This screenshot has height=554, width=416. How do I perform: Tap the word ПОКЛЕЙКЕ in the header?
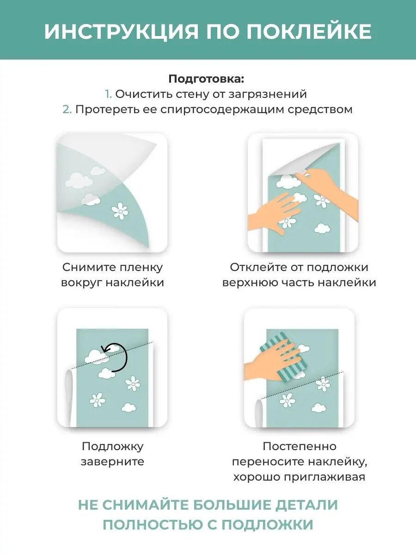click(309, 31)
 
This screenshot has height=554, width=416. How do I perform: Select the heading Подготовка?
click(206, 78)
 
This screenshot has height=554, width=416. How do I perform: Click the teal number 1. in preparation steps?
click(108, 94)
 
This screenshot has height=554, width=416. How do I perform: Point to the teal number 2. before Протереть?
click(67, 109)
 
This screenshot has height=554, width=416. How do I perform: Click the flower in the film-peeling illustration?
click(120, 211)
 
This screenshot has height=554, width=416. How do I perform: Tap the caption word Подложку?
click(112, 446)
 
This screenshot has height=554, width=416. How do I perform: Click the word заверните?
click(112, 462)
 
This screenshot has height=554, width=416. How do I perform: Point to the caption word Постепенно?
click(300, 446)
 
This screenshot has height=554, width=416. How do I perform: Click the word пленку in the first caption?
click(141, 267)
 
